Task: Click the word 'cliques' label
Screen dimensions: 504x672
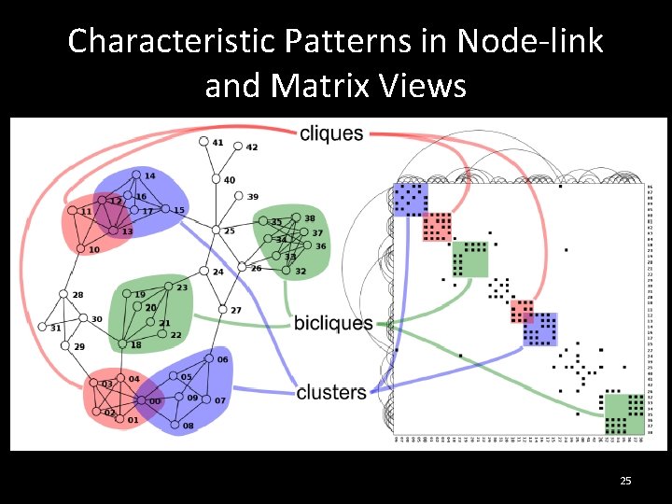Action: pyautogui.click(x=331, y=133)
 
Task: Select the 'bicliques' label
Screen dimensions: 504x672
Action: pyautogui.click(x=333, y=323)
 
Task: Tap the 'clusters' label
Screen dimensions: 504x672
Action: pyautogui.click(x=331, y=392)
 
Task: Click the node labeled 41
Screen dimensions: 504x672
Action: pyautogui.click(x=203, y=142)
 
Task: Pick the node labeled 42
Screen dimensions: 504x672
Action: pyautogui.click(x=238, y=147)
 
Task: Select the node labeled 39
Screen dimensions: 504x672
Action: pyautogui.click(x=239, y=197)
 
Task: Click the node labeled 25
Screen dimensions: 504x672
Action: pyautogui.click(x=216, y=231)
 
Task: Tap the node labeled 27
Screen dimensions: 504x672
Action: pyautogui.click(x=222, y=310)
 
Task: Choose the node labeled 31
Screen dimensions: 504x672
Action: pyautogui.click(x=42, y=328)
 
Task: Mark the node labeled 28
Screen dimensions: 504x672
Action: pyautogui.click(x=63, y=294)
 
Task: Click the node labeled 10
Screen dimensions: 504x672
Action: pyautogui.click(x=80, y=249)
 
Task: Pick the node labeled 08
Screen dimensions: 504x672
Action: pyautogui.click(x=175, y=425)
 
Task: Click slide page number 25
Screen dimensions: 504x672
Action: pyautogui.click(x=625, y=481)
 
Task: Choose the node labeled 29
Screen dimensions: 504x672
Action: pyautogui.click(x=64, y=346)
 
